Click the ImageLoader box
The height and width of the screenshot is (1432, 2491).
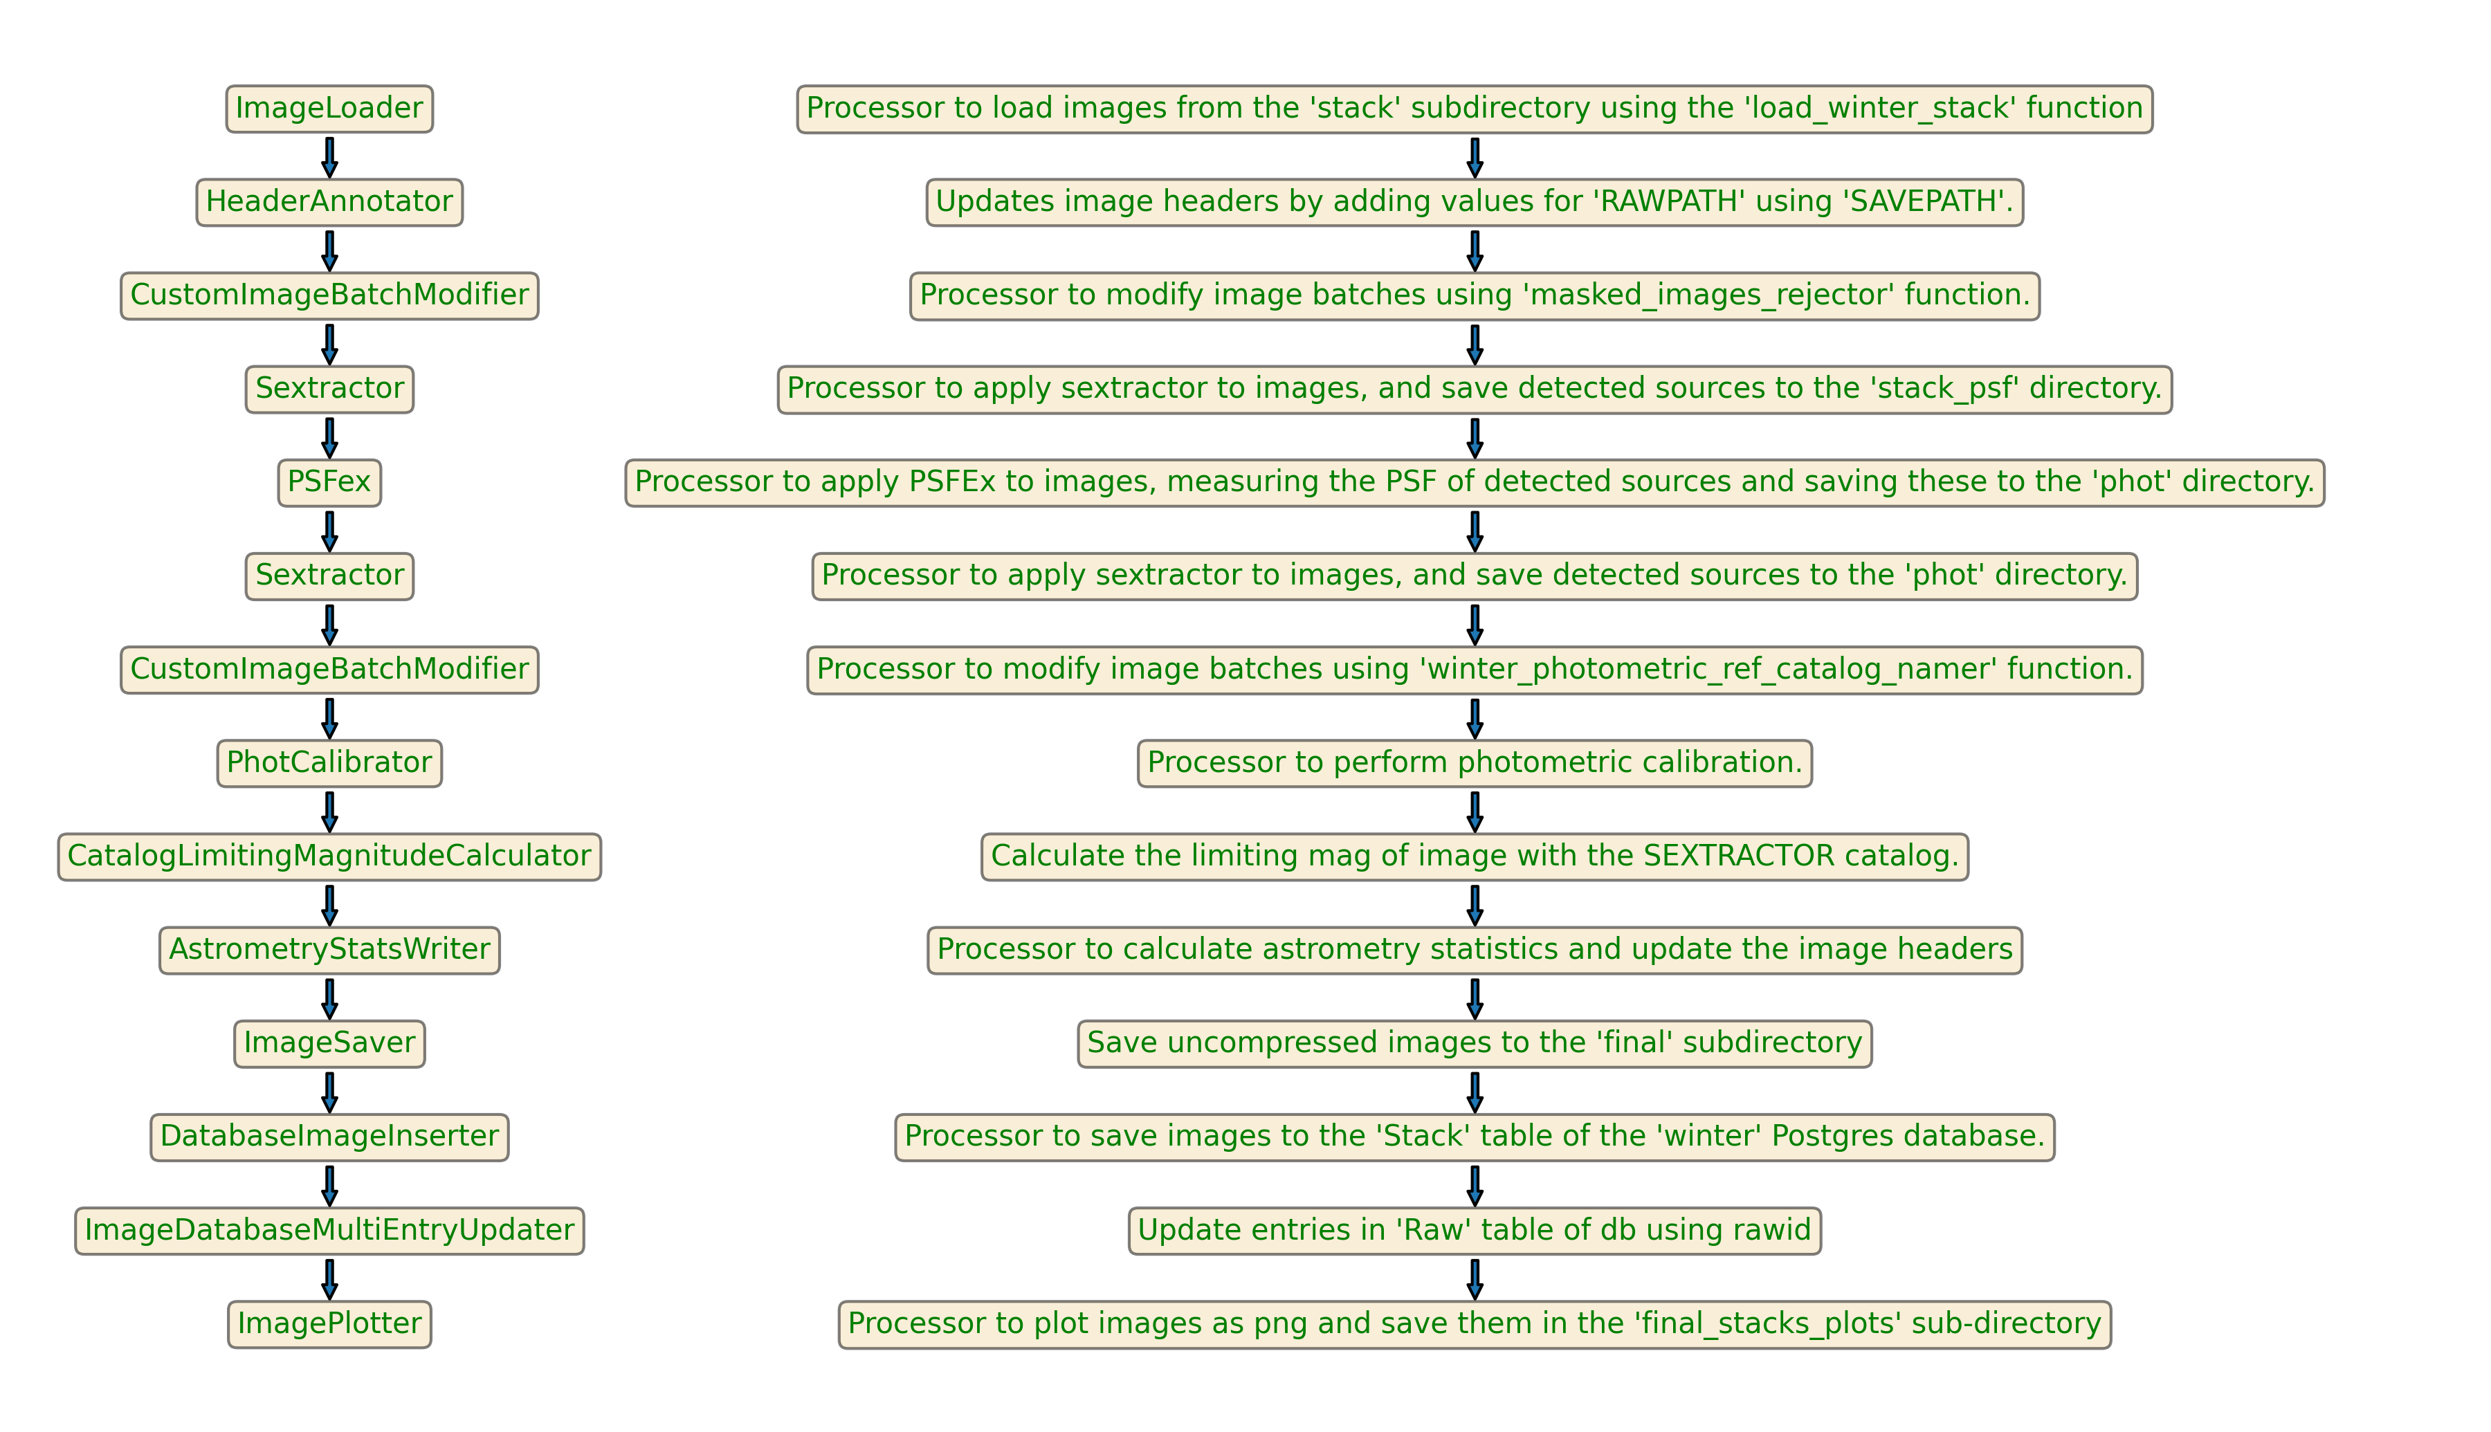click(x=329, y=108)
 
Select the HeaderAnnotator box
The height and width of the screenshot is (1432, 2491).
click(x=329, y=201)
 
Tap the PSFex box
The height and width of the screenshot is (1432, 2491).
click(x=329, y=482)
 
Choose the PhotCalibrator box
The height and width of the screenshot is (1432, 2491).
click(x=329, y=762)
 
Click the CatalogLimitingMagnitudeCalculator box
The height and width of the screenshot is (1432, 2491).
click(x=329, y=856)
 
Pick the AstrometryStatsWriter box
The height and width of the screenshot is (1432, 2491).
click(x=329, y=949)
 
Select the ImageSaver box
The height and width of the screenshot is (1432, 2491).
click(x=329, y=1043)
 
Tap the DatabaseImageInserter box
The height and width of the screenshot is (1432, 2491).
click(x=329, y=1136)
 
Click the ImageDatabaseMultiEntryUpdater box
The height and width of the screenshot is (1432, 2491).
click(x=329, y=1229)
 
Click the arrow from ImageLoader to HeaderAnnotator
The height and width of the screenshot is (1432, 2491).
click(x=329, y=157)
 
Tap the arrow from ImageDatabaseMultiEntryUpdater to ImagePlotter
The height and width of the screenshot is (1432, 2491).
click(x=329, y=1278)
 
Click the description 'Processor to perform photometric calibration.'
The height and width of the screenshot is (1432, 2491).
click(x=1474, y=762)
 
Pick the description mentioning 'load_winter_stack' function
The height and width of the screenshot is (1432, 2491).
click(x=1474, y=108)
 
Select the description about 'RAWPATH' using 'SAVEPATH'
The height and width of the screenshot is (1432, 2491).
click(x=1474, y=201)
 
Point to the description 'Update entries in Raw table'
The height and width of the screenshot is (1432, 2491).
click(x=1474, y=1229)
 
